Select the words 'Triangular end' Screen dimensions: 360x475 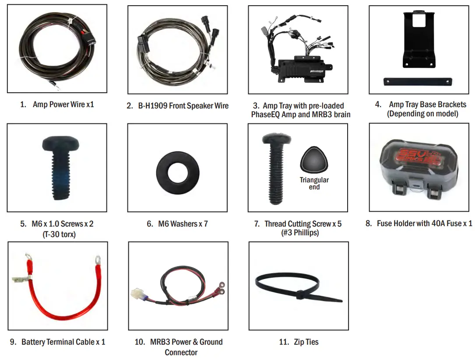click(314, 183)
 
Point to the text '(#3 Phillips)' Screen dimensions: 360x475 click(299, 233)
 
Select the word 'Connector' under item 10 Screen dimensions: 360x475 click(181, 352)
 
